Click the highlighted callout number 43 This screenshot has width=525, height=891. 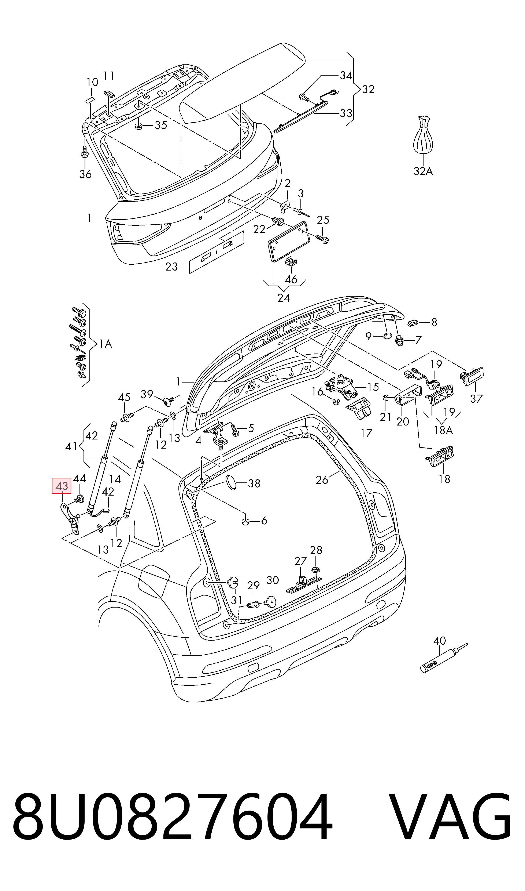click(62, 486)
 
